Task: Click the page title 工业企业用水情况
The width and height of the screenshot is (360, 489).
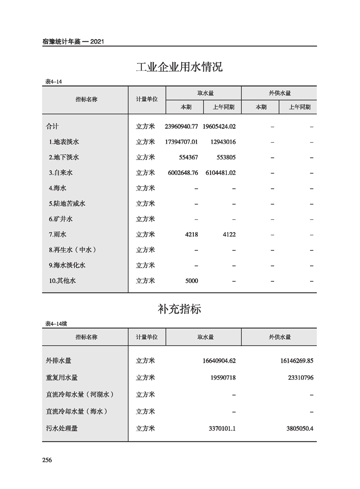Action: click(x=179, y=68)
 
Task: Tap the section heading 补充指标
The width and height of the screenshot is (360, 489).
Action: click(x=179, y=310)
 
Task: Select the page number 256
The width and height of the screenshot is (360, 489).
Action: click(x=47, y=460)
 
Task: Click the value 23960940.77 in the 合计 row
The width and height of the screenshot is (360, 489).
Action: click(x=182, y=127)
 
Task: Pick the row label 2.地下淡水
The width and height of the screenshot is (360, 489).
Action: click(x=64, y=158)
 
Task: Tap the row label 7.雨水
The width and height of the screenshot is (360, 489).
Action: click(x=58, y=235)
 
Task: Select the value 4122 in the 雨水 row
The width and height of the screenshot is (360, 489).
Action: click(x=229, y=235)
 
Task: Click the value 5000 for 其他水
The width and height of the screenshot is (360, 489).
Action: click(x=192, y=281)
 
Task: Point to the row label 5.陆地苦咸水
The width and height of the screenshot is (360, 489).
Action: click(x=67, y=204)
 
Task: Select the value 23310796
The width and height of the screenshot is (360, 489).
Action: click(x=297, y=378)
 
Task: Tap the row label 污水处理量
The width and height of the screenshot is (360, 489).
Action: click(x=62, y=428)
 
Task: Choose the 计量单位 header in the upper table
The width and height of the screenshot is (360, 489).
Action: click(x=147, y=99)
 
